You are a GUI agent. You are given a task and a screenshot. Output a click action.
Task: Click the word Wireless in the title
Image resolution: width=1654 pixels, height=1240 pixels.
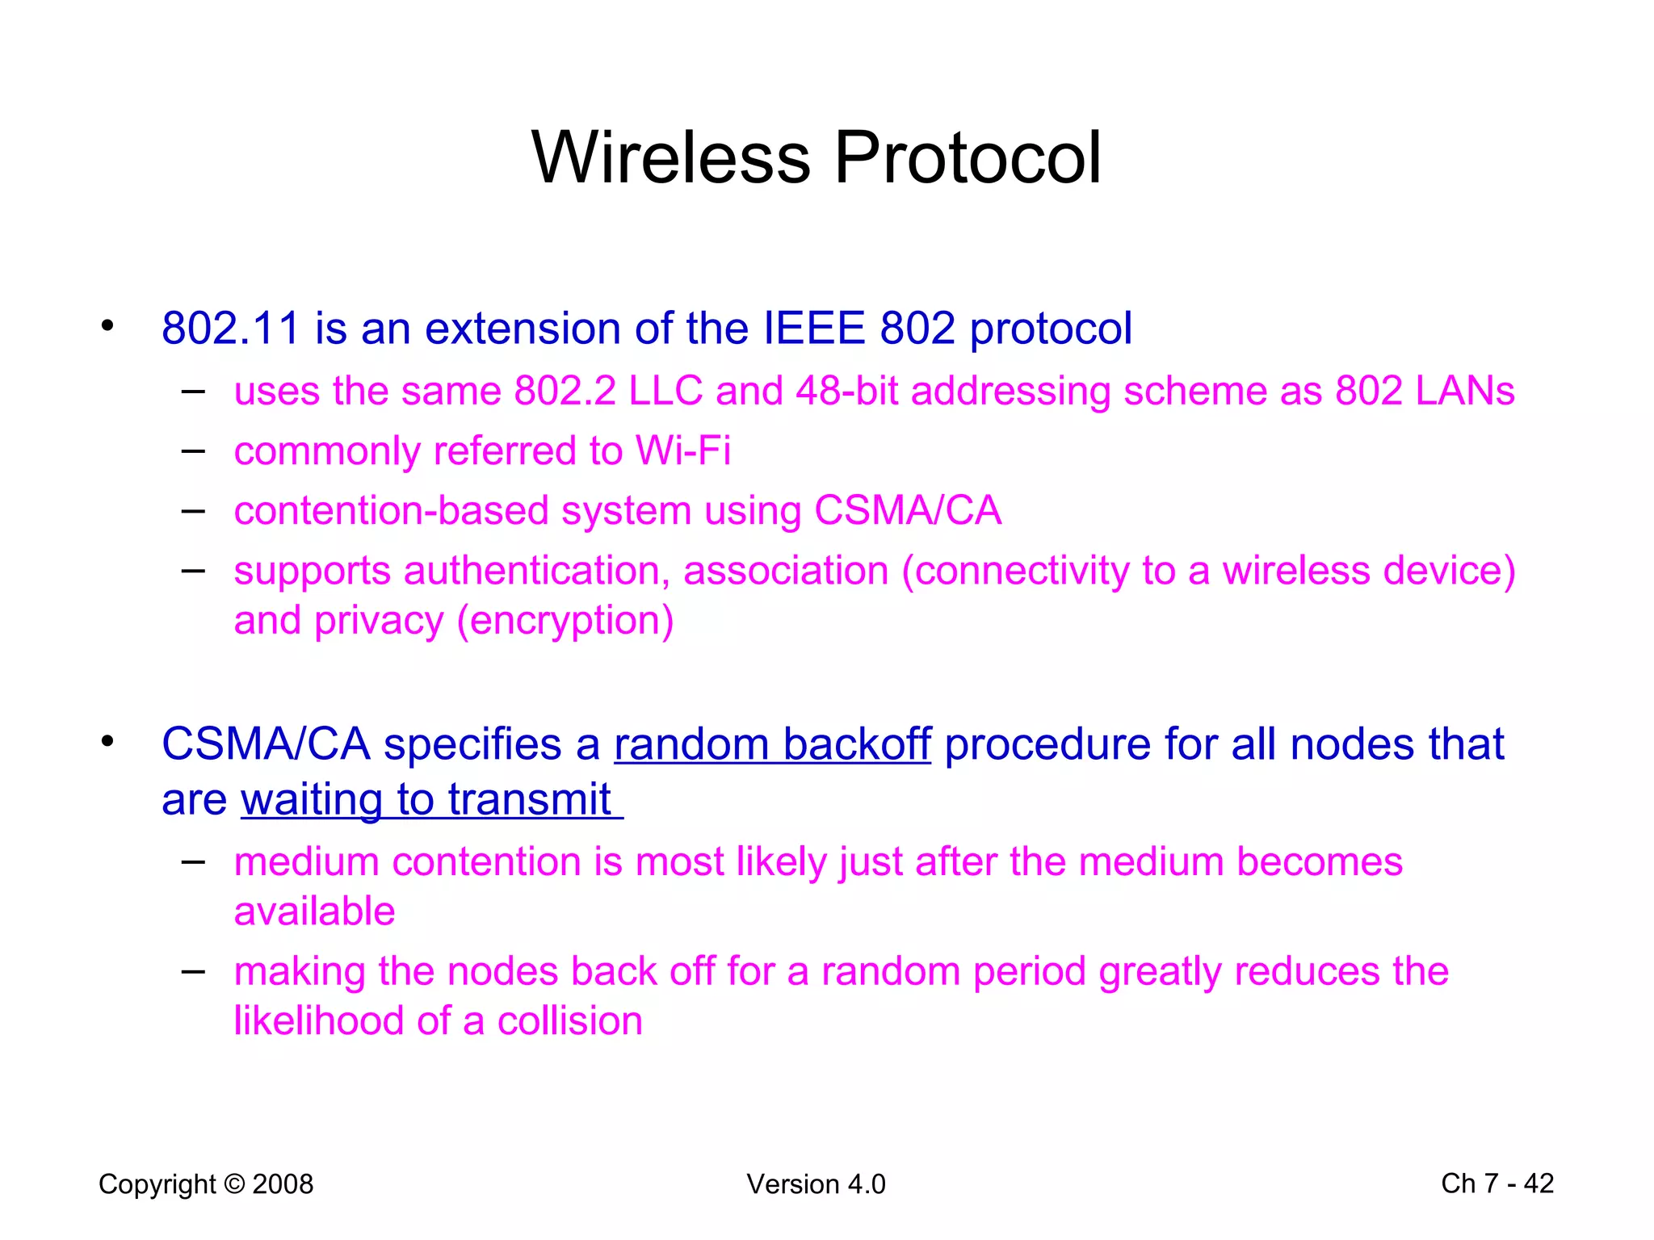pyautogui.click(x=670, y=157)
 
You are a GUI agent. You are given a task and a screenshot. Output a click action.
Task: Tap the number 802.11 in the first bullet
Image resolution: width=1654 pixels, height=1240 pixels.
pyautogui.click(x=230, y=329)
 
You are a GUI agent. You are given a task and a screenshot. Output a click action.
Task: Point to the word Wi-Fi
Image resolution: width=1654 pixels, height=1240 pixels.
pyautogui.click(x=682, y=450)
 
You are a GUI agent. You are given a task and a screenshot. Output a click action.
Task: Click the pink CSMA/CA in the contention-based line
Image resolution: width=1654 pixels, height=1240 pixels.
pyautogui.click(x=907, y=511)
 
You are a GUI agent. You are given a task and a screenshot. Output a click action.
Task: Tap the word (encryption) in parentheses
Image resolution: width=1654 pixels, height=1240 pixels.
pyautogui.click(x=565, y=621)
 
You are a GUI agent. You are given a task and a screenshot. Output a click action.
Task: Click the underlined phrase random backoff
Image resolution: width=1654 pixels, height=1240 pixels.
pyautogui.click(x=772, y=744)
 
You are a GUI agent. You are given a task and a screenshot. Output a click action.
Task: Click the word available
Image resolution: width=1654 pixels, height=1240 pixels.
pyautogui.click(x=314, y=911)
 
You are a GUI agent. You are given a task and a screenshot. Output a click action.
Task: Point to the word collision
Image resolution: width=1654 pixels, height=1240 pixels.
pyautogui.click(x=569, y=1021)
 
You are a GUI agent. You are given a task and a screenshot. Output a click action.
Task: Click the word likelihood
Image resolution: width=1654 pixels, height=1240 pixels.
pyautogui.click(x=318, y=1021)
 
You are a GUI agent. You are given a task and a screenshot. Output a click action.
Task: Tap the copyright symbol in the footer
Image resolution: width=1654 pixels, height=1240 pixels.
pyautogui.click(x=234, y=1184)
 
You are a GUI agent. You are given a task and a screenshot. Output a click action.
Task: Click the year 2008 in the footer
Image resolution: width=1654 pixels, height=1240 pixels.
pyautogui.click(x=283, y=1184)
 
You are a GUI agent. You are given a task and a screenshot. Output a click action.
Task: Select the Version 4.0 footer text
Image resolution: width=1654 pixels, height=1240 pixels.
pyautogui.click(x=816, y=1184)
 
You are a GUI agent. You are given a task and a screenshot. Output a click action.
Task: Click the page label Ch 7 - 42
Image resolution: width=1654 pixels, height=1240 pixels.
pyautogui.click(x=1497, y=1183)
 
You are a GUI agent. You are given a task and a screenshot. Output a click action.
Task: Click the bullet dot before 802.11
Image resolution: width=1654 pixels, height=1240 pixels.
pyautogui.click(x=107, y=326)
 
